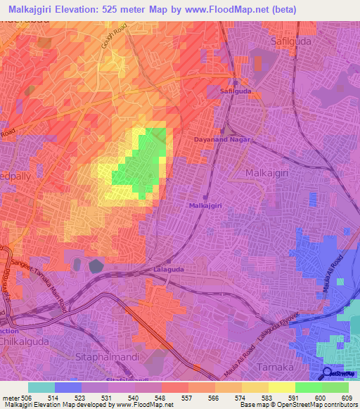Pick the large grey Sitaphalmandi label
[x=107, y=357]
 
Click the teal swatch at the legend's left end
[x=41, y=387]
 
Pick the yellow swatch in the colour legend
[x=282, y=387]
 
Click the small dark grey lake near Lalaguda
[x=96, y=265]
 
